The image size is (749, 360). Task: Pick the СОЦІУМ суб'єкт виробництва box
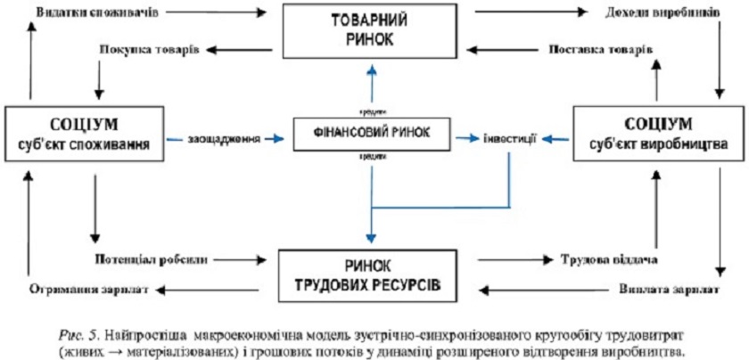[658, 134]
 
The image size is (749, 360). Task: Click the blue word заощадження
[224, 139]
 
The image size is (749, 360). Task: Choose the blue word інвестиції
[510, 139]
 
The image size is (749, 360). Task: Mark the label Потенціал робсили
[151, 260]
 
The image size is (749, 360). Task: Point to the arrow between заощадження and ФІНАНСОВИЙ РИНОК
[283, 139]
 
